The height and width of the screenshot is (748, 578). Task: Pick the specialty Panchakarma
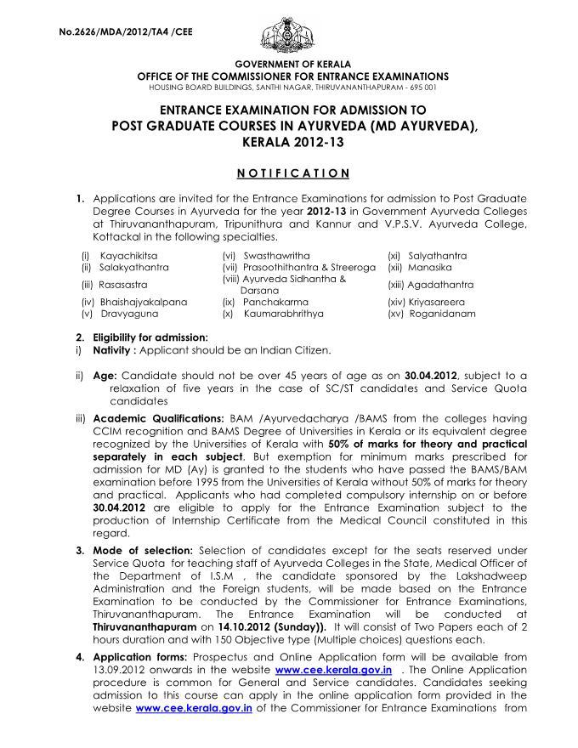[x=271, y=301]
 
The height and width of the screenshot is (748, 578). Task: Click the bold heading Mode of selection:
[x=138, y=551]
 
